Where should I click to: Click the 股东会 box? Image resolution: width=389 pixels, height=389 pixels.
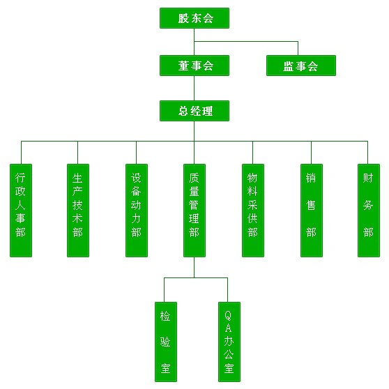coord(194,18)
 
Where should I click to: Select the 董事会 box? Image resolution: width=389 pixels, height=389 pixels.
coord(194,66)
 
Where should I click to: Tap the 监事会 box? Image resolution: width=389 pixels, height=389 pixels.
coord(301,66)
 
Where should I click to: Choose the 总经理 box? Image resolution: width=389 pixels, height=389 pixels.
coord(194,111)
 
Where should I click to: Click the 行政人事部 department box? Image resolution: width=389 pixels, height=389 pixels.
coord(21,211)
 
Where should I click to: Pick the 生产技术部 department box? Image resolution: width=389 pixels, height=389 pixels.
coord(78,211)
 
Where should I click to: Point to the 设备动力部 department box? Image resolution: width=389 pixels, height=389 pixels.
coord(137,211)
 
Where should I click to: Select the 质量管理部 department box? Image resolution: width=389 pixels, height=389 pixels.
coord(194,211)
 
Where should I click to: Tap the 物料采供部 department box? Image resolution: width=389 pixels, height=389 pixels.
coord(253,211)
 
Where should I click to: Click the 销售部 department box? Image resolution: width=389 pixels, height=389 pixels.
coord(312,211)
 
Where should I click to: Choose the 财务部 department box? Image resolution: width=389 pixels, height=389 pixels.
coord(368,211)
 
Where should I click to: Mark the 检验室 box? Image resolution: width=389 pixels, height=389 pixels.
coord(166,342)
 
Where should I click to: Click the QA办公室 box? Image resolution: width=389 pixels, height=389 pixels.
coord(229,342)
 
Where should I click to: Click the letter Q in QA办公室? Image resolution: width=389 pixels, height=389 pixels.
coord(228,316)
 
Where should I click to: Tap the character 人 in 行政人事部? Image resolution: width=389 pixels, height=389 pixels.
coord(20,205)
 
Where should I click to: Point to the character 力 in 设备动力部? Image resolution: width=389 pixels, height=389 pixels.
coord(136,219)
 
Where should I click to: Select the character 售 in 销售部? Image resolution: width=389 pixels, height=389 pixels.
coord(311,205)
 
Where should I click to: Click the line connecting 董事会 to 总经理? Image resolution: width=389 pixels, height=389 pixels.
coord(194,88)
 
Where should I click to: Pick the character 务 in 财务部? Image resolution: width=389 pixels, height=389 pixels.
coord(368,205)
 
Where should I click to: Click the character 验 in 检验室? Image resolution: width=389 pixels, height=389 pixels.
coord(165,342)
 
